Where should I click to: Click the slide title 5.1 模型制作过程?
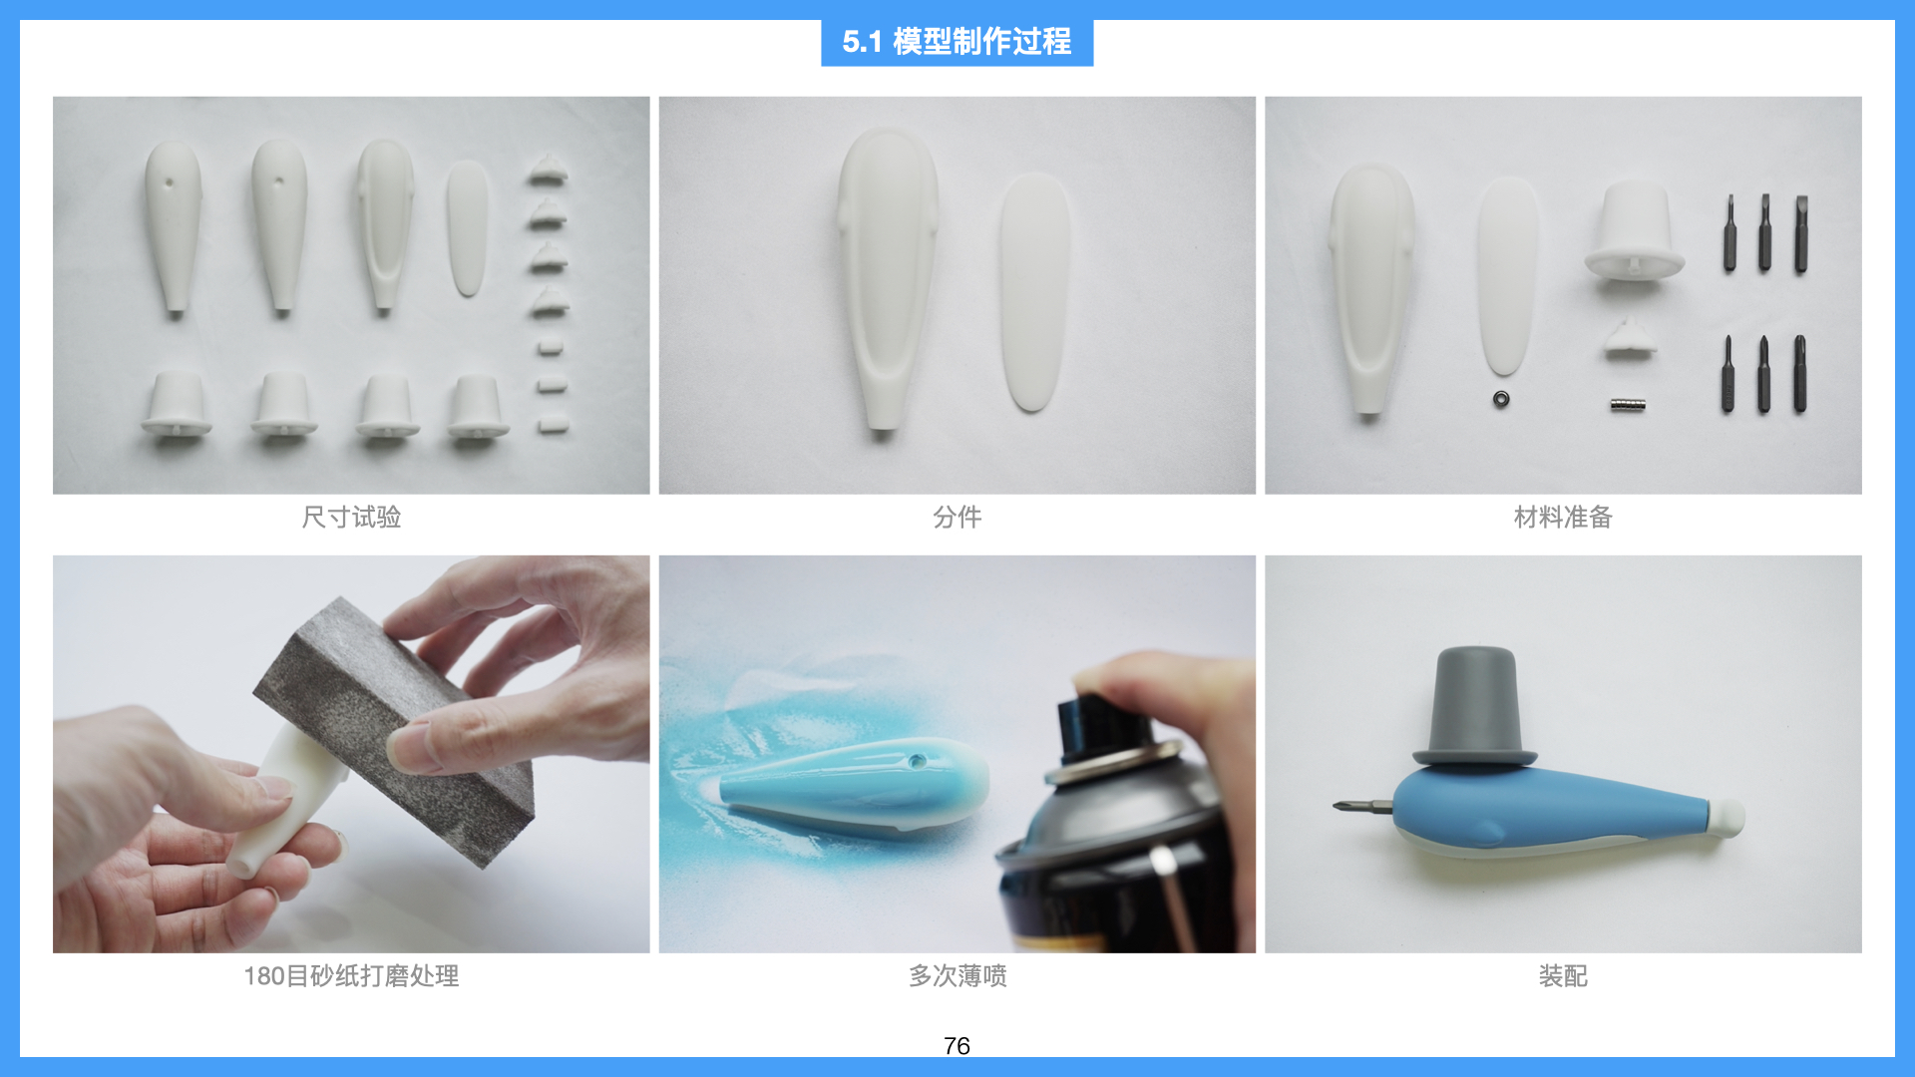point(957,42)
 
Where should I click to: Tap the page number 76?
point(956,1045)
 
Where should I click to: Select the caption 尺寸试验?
point(351,517)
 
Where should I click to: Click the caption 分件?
point(957,517)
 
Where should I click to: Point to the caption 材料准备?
point(1562,517)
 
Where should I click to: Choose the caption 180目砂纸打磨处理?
point(351,975)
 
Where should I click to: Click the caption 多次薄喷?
point(957,975)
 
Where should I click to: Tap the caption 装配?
point(1562,975)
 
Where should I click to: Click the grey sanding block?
point(399,728)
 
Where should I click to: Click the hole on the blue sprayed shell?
point(918,761)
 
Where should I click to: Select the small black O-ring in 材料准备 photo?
point(1501,399)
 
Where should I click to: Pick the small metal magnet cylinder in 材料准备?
point(1627,404)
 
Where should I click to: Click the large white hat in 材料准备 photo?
point(1634,231)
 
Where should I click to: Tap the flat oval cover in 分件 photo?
point(1034,291)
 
